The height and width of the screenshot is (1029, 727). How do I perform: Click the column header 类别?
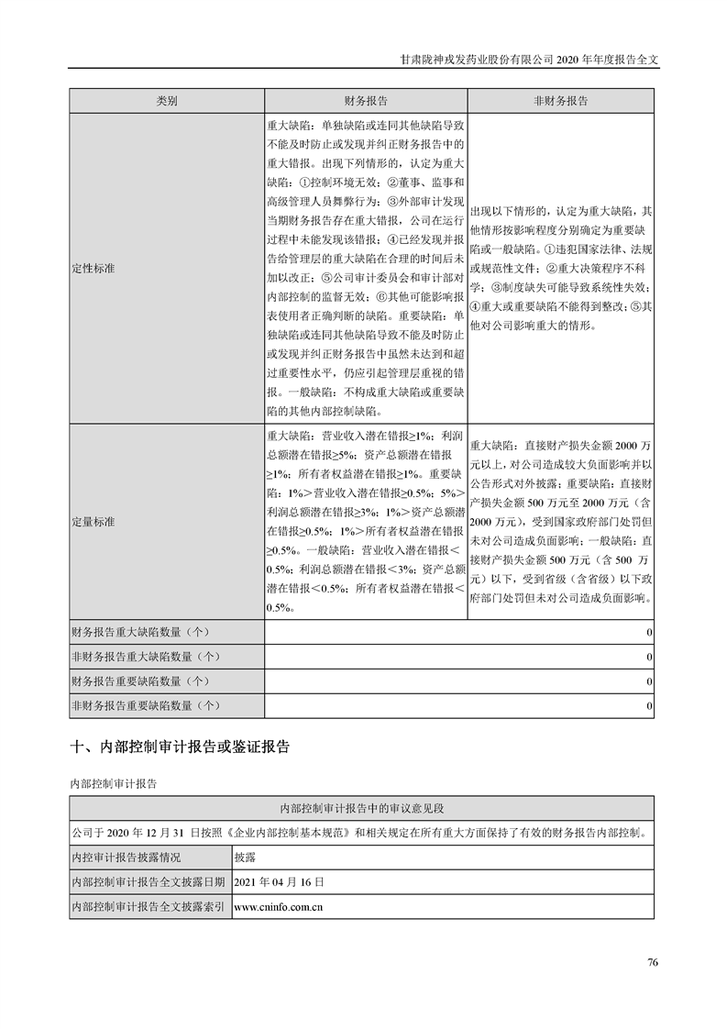166,101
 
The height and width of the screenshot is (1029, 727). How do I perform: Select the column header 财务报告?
365,101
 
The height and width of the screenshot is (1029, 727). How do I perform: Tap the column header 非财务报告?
560,101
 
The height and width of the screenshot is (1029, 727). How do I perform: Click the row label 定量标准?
93,521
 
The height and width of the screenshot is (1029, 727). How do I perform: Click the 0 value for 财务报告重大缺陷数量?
648,633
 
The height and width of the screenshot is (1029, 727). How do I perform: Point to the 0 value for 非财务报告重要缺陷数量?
648,705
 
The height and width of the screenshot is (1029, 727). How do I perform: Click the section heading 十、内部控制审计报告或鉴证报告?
180,747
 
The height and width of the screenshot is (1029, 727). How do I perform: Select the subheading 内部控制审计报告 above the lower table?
114,783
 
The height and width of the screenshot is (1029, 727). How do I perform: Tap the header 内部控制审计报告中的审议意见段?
361,809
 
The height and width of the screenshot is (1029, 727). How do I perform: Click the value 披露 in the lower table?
246,857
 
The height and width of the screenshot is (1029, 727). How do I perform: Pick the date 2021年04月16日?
280,881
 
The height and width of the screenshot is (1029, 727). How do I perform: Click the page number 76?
652,962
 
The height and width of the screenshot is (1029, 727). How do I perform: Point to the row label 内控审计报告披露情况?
127,857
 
